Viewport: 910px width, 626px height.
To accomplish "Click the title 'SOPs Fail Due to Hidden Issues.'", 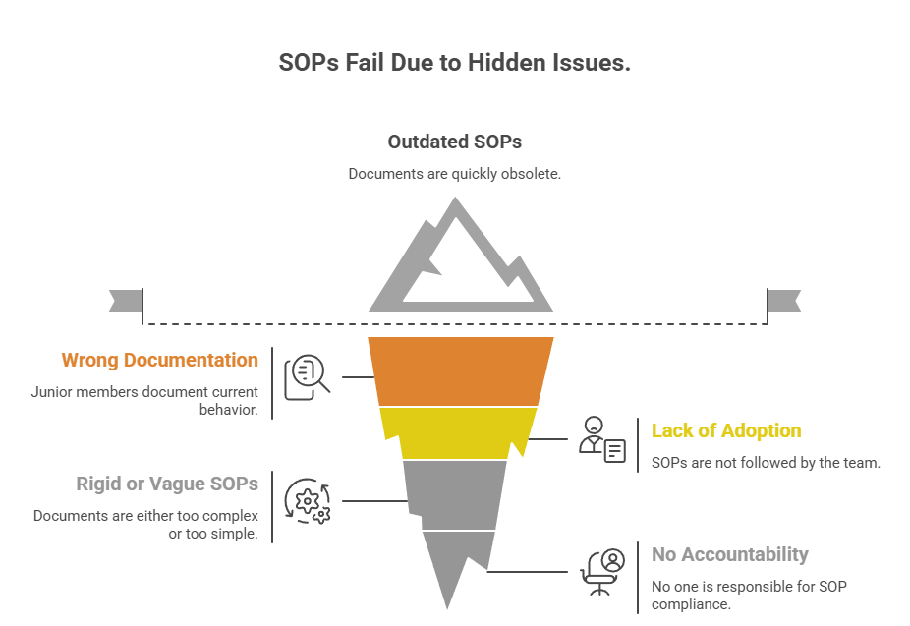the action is [454, 63].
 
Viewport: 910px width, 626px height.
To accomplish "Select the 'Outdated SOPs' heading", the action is [454, 142].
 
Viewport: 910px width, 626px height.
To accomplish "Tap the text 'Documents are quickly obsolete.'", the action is [454, 174].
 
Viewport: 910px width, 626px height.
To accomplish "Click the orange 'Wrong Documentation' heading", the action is [159, 360].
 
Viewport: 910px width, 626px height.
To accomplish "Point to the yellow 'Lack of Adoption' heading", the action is [726, 430].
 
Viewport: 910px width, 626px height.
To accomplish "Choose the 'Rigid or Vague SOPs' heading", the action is [167, 484].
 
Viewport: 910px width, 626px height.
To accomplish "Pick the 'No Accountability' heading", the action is [729, 554].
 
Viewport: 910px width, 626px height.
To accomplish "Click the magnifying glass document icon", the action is [307, 377].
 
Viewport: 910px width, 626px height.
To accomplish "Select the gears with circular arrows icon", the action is [307, 501].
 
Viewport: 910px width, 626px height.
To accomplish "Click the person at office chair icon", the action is [602, 572].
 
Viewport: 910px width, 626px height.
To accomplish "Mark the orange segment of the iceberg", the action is [460, 371].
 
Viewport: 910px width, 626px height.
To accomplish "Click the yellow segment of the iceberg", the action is [459, 432].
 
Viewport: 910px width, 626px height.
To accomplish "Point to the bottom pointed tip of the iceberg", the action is [447, 608].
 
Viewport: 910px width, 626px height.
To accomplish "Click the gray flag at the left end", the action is [126, 301].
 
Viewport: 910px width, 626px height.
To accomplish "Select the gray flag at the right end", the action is [784, 301].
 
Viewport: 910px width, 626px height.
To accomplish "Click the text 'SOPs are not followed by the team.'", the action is [766, 463].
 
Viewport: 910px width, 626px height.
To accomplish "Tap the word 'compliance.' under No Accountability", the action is [691, 604].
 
